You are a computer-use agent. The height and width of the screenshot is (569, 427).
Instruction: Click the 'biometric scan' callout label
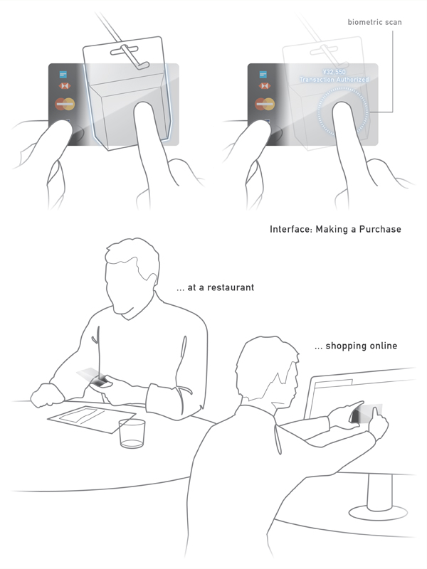pyautogui.click(x=374, y=22)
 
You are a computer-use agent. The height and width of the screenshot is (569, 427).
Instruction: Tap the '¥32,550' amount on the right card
pyautogui.click(x=334, y=72)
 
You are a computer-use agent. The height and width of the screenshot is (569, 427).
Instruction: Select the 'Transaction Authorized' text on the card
pyautogui.click(x=334, y=80)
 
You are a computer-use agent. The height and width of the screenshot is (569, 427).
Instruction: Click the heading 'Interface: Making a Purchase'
pyautogui.click(x=335, y=229)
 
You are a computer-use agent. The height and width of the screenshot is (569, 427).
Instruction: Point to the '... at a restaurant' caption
pyautogui.click(x=215, y=287)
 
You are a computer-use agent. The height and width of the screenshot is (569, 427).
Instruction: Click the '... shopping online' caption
pyautogui.click(x=356, y=346)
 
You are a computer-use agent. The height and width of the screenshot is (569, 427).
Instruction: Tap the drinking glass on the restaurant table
pyautogui.click(x=132, y=433)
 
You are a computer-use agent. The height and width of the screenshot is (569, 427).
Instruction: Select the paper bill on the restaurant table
pyautogui.click(x=92, y=419)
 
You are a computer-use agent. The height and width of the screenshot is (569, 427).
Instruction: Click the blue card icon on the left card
pyautogui.click(x=63, y=75)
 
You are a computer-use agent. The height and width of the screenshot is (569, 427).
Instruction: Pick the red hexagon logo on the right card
pyautogui.click(x=264, y=86)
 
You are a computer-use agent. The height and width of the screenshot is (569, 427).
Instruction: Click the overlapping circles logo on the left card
pyautogui.click(x=65, y=104)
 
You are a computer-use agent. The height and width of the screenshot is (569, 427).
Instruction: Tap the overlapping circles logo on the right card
pyautogui.click(x=265, y=104)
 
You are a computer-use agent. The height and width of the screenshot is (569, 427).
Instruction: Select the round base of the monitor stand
pyautogui.click(x=378, y=513)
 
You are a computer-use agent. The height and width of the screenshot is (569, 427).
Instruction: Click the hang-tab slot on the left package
pyautogui.click(x=125, y=50)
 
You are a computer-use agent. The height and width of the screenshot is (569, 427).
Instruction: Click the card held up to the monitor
pyautogui.click(x=367, y=414)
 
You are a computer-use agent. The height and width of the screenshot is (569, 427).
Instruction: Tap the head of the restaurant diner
pyautogui.click(x=132, y=276)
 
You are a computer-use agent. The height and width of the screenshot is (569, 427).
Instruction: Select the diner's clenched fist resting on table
pyautogui.click(x=47, y=395)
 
